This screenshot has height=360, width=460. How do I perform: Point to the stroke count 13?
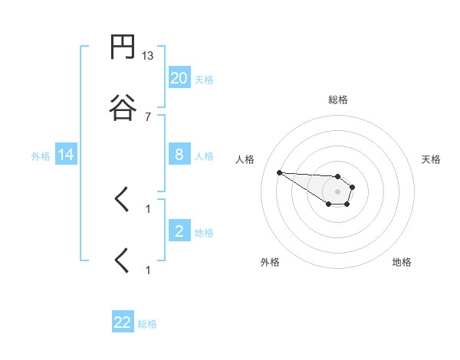point(148,56)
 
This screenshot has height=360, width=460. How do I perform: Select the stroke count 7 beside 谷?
point(148,116)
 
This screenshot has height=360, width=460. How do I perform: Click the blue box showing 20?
point(179,77)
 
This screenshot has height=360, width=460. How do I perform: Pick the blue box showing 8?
point(179,155)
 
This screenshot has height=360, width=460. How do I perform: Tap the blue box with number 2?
point(179,231)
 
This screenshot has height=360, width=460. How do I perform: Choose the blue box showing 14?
point(66,155)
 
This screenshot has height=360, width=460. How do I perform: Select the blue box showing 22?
point(123,322)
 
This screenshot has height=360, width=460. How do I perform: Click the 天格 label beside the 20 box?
point(204,79)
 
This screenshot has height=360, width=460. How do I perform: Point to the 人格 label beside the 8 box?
point(204,156)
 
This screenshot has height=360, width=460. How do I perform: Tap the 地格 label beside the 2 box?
point(204,232)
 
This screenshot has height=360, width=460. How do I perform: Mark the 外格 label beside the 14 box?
point(41,156)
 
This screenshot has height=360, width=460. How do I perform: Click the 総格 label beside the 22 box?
point(147,324)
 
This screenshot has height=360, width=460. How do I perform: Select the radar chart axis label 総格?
point(337,100)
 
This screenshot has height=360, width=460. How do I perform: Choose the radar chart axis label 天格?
point(431,159)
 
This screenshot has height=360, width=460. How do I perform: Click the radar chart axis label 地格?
point(402,262)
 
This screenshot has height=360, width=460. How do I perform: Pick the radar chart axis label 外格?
point(270,262)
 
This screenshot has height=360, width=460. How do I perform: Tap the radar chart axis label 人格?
point(245,159)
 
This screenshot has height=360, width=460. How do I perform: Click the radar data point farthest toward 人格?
point(279,172)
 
